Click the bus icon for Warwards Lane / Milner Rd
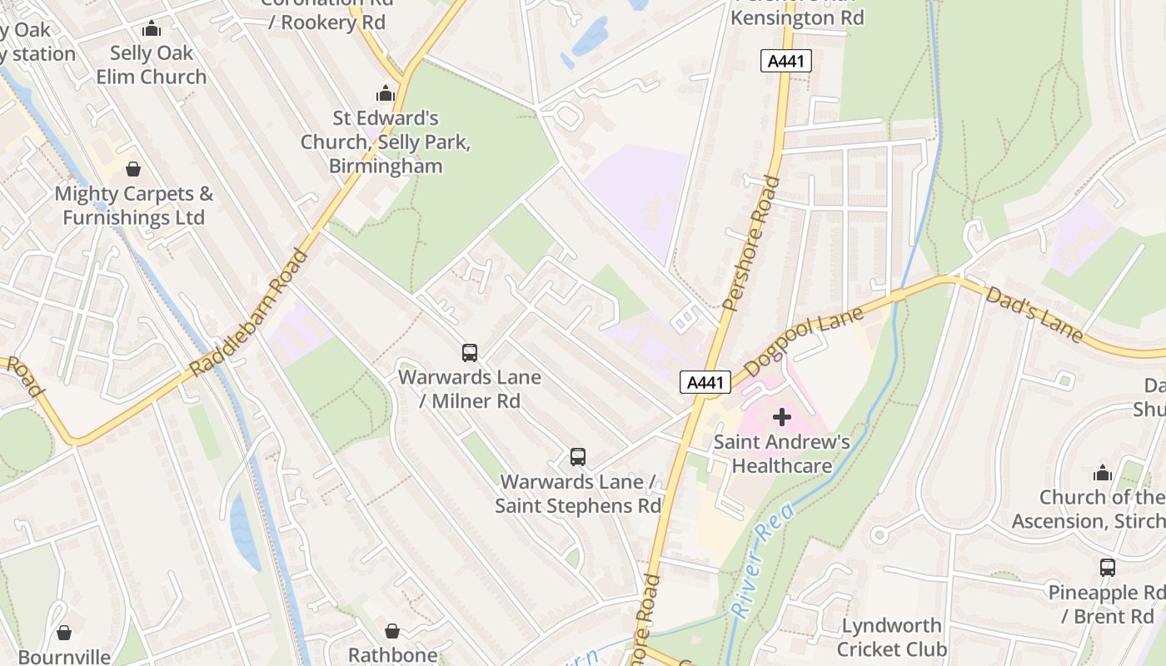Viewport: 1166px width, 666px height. [470, 353]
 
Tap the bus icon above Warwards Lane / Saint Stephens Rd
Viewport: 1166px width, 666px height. [578, 457]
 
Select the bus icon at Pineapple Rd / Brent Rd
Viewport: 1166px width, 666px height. [1108, 568]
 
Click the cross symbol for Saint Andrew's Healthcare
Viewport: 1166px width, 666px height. [782, 416]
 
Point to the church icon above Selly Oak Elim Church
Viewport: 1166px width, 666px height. [152, 29]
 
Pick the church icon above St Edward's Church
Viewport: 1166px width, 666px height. [386, 92]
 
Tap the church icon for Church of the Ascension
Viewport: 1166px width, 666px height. [1103, 474]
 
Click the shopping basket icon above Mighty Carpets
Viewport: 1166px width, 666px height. [133, 170]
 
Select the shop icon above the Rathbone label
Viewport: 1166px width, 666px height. [392, 632]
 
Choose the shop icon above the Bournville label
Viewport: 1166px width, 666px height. [64, 634]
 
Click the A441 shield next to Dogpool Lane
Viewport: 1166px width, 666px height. [705, 382]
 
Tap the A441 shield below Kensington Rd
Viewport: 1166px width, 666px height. [785, 61]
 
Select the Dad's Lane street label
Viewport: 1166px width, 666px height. [1035, 315]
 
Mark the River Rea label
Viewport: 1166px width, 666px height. [762, 559]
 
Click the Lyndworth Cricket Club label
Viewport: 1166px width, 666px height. [892, 637]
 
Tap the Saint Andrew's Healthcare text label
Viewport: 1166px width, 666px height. [782, 454]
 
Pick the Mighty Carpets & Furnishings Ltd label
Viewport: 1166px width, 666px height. [133, 206]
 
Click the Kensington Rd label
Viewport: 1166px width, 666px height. [797, 17]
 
